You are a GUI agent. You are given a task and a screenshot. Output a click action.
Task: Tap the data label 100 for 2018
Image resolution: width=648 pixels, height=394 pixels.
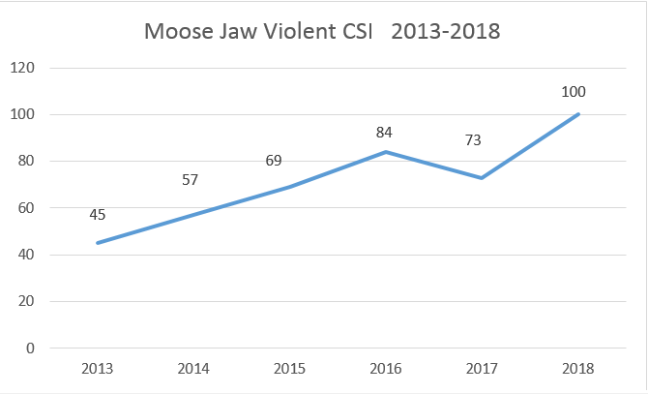(x=574, y=92)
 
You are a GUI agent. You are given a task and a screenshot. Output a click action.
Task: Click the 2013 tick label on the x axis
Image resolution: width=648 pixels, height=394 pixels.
(x=97, y=369)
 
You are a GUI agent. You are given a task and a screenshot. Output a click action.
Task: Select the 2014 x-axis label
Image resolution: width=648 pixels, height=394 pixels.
(x=193, y=369)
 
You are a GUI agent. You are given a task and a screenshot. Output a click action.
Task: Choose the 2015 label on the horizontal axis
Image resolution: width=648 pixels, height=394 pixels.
(x=290, y=369)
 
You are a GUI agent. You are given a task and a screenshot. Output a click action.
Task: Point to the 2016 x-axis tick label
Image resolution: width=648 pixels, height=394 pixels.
(x=387, y=369)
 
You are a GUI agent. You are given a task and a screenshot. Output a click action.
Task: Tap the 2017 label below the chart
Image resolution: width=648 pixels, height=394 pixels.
(x=483, y=369)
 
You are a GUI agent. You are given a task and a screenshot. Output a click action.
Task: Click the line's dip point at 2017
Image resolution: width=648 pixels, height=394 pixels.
(x=483, y=178)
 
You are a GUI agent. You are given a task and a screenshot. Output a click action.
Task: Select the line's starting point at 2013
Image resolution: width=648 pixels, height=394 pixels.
(x=97, y=243)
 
